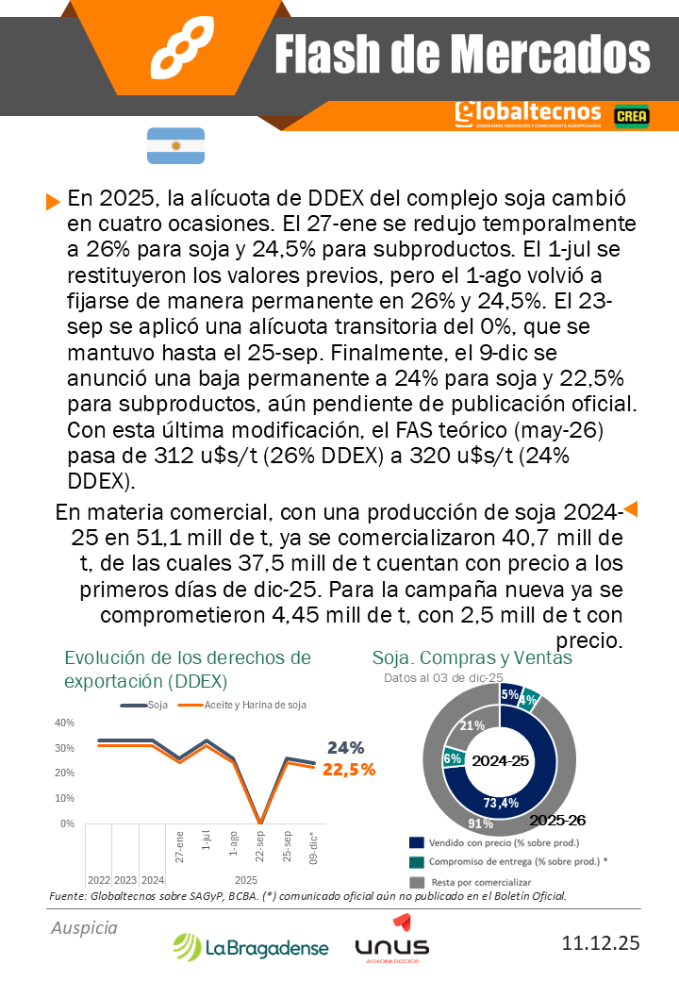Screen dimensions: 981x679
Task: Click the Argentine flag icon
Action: coord(175,145)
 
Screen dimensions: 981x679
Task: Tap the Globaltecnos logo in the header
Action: coord(527,114)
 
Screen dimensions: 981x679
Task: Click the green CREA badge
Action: coord(630,115)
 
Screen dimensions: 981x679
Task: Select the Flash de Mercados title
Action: coord(462,54)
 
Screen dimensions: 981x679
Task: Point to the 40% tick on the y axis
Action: coord(65,723)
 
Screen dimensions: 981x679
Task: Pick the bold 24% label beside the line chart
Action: coord(345,747)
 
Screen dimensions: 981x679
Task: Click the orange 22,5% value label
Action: coord(349,769)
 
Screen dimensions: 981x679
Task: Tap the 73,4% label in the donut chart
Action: coord(501,803)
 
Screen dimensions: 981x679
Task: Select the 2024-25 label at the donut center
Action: coord(500,760)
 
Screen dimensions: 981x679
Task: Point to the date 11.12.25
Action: coord(600,943)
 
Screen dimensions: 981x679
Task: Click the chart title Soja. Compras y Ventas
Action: coord(472,657)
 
